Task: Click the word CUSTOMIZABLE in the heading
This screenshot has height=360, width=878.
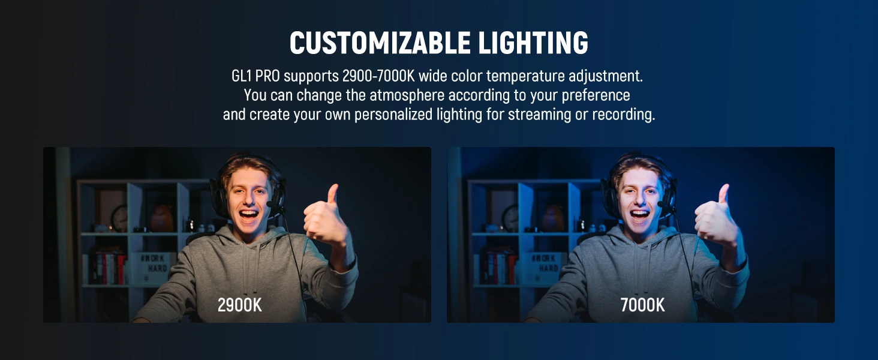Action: coord(380,43)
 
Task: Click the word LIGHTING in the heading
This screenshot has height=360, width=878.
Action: coord(533,43)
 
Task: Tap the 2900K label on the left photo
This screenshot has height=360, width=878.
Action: coord(239,305)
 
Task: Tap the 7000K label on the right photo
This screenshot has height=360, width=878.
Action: coord(642,305)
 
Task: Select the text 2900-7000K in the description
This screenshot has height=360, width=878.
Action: coord(378,76)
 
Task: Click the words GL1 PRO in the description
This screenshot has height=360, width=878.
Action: coord(255,76)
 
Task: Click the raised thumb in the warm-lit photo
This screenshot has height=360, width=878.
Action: coord(333,194)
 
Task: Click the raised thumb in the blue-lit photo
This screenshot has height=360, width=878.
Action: coord(723,194)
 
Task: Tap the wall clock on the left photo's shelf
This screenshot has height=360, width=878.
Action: coord(119,218)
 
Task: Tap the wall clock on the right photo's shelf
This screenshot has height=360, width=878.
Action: coord(510,218)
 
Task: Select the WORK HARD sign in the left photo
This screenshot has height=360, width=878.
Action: coord(154,267)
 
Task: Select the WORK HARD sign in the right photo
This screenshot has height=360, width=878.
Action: coord(545,267)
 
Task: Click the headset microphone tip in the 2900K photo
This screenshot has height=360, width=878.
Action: coord(270,205)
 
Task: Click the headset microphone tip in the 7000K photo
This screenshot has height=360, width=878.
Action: coord(661,205)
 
